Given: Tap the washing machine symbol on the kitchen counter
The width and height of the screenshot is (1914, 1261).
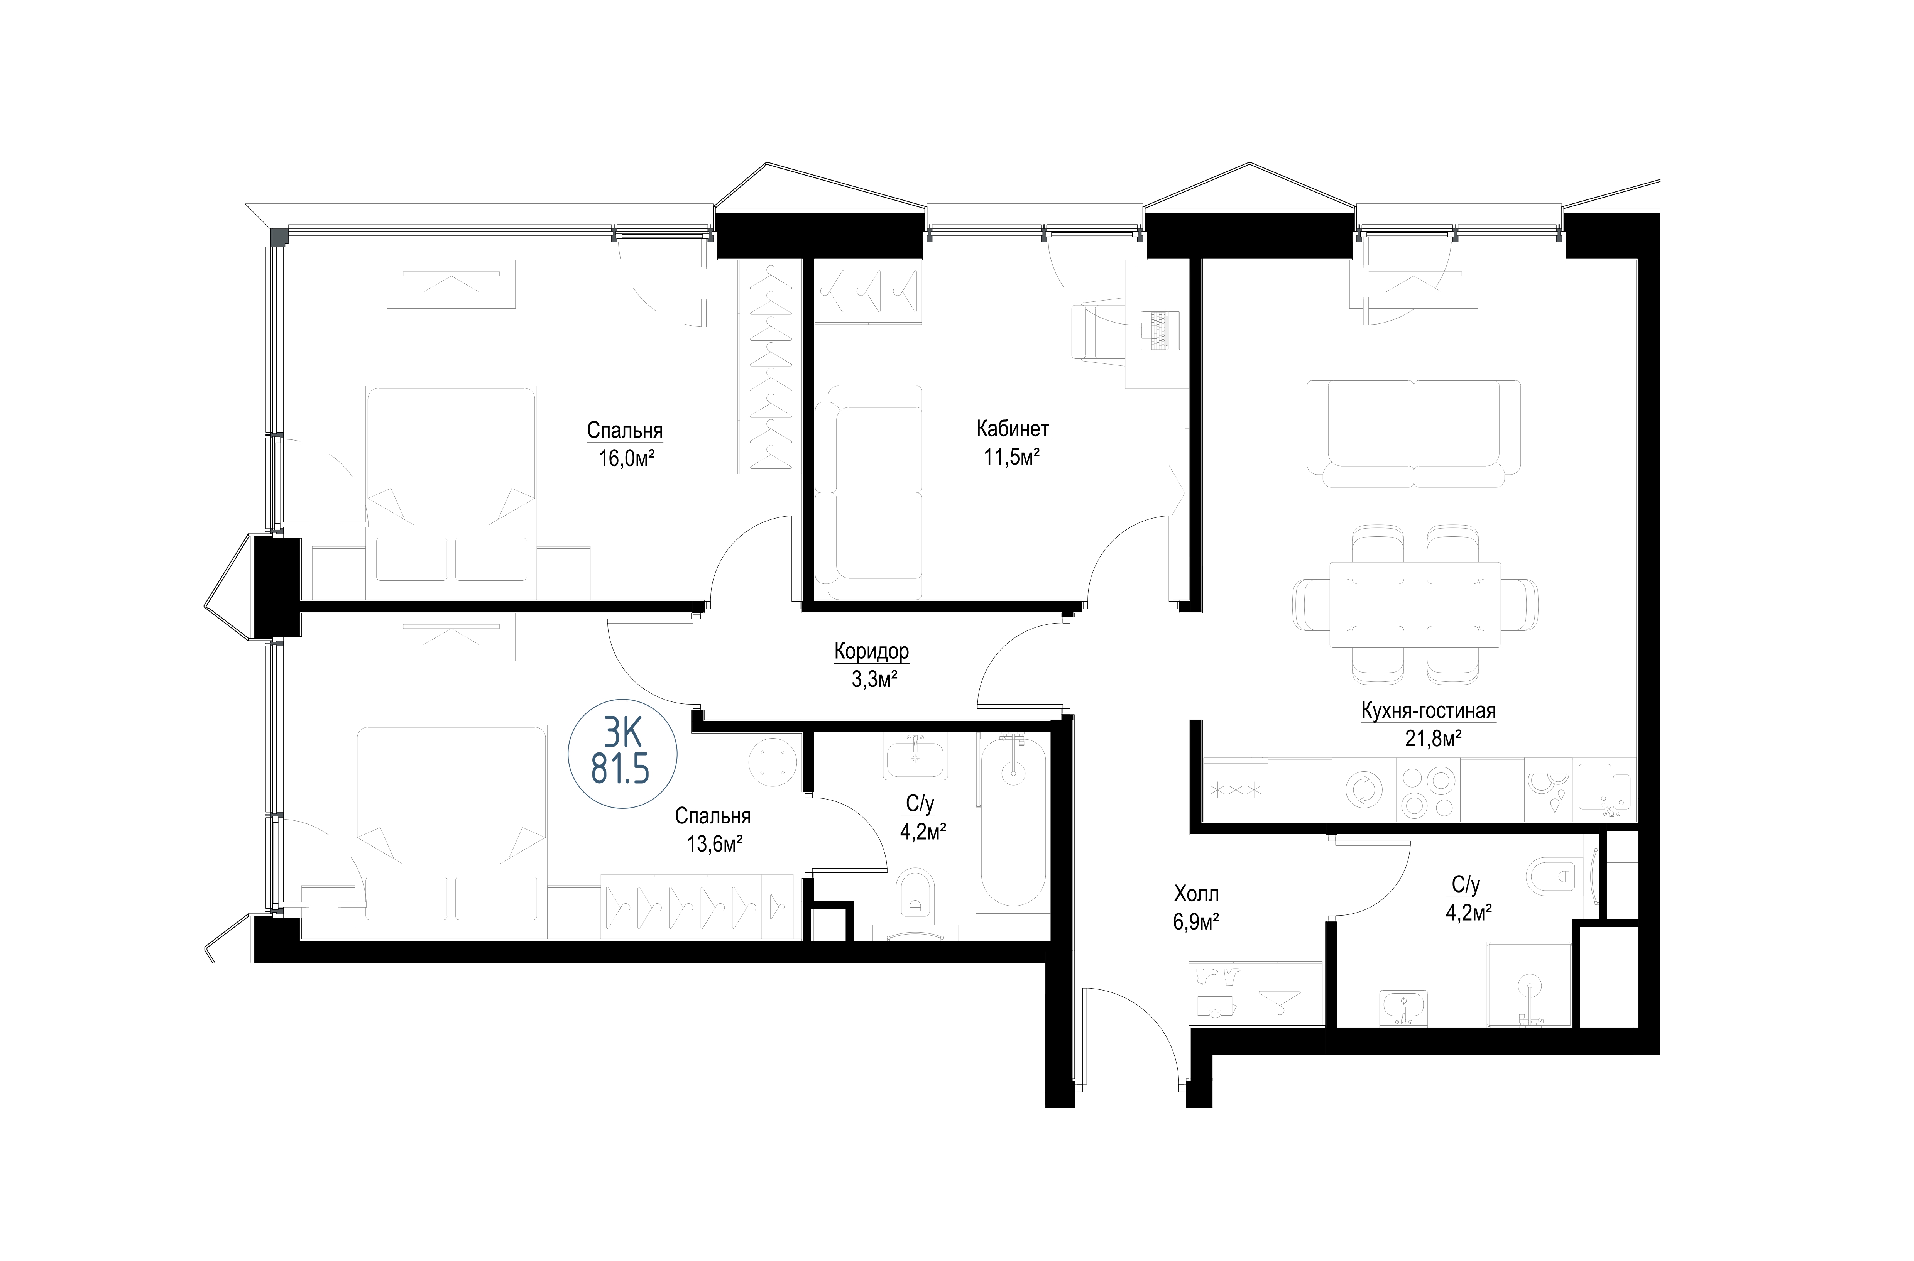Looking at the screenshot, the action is pos(1364,791).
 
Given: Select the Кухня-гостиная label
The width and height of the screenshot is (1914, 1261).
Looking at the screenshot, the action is pos(1428,711).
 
